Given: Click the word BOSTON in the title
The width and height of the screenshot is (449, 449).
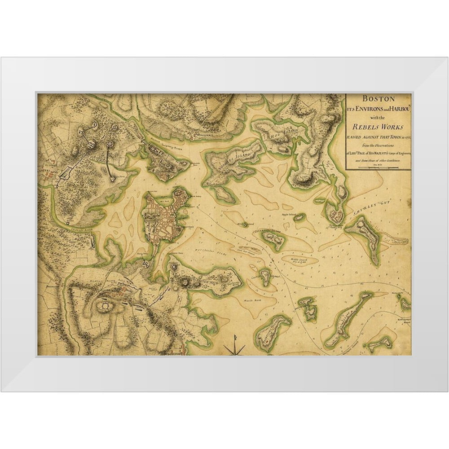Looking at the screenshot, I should click(379, 98).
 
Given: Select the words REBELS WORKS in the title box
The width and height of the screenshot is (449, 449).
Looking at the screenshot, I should click(379, 126).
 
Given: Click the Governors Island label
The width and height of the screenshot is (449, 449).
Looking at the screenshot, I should click(269, 232).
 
